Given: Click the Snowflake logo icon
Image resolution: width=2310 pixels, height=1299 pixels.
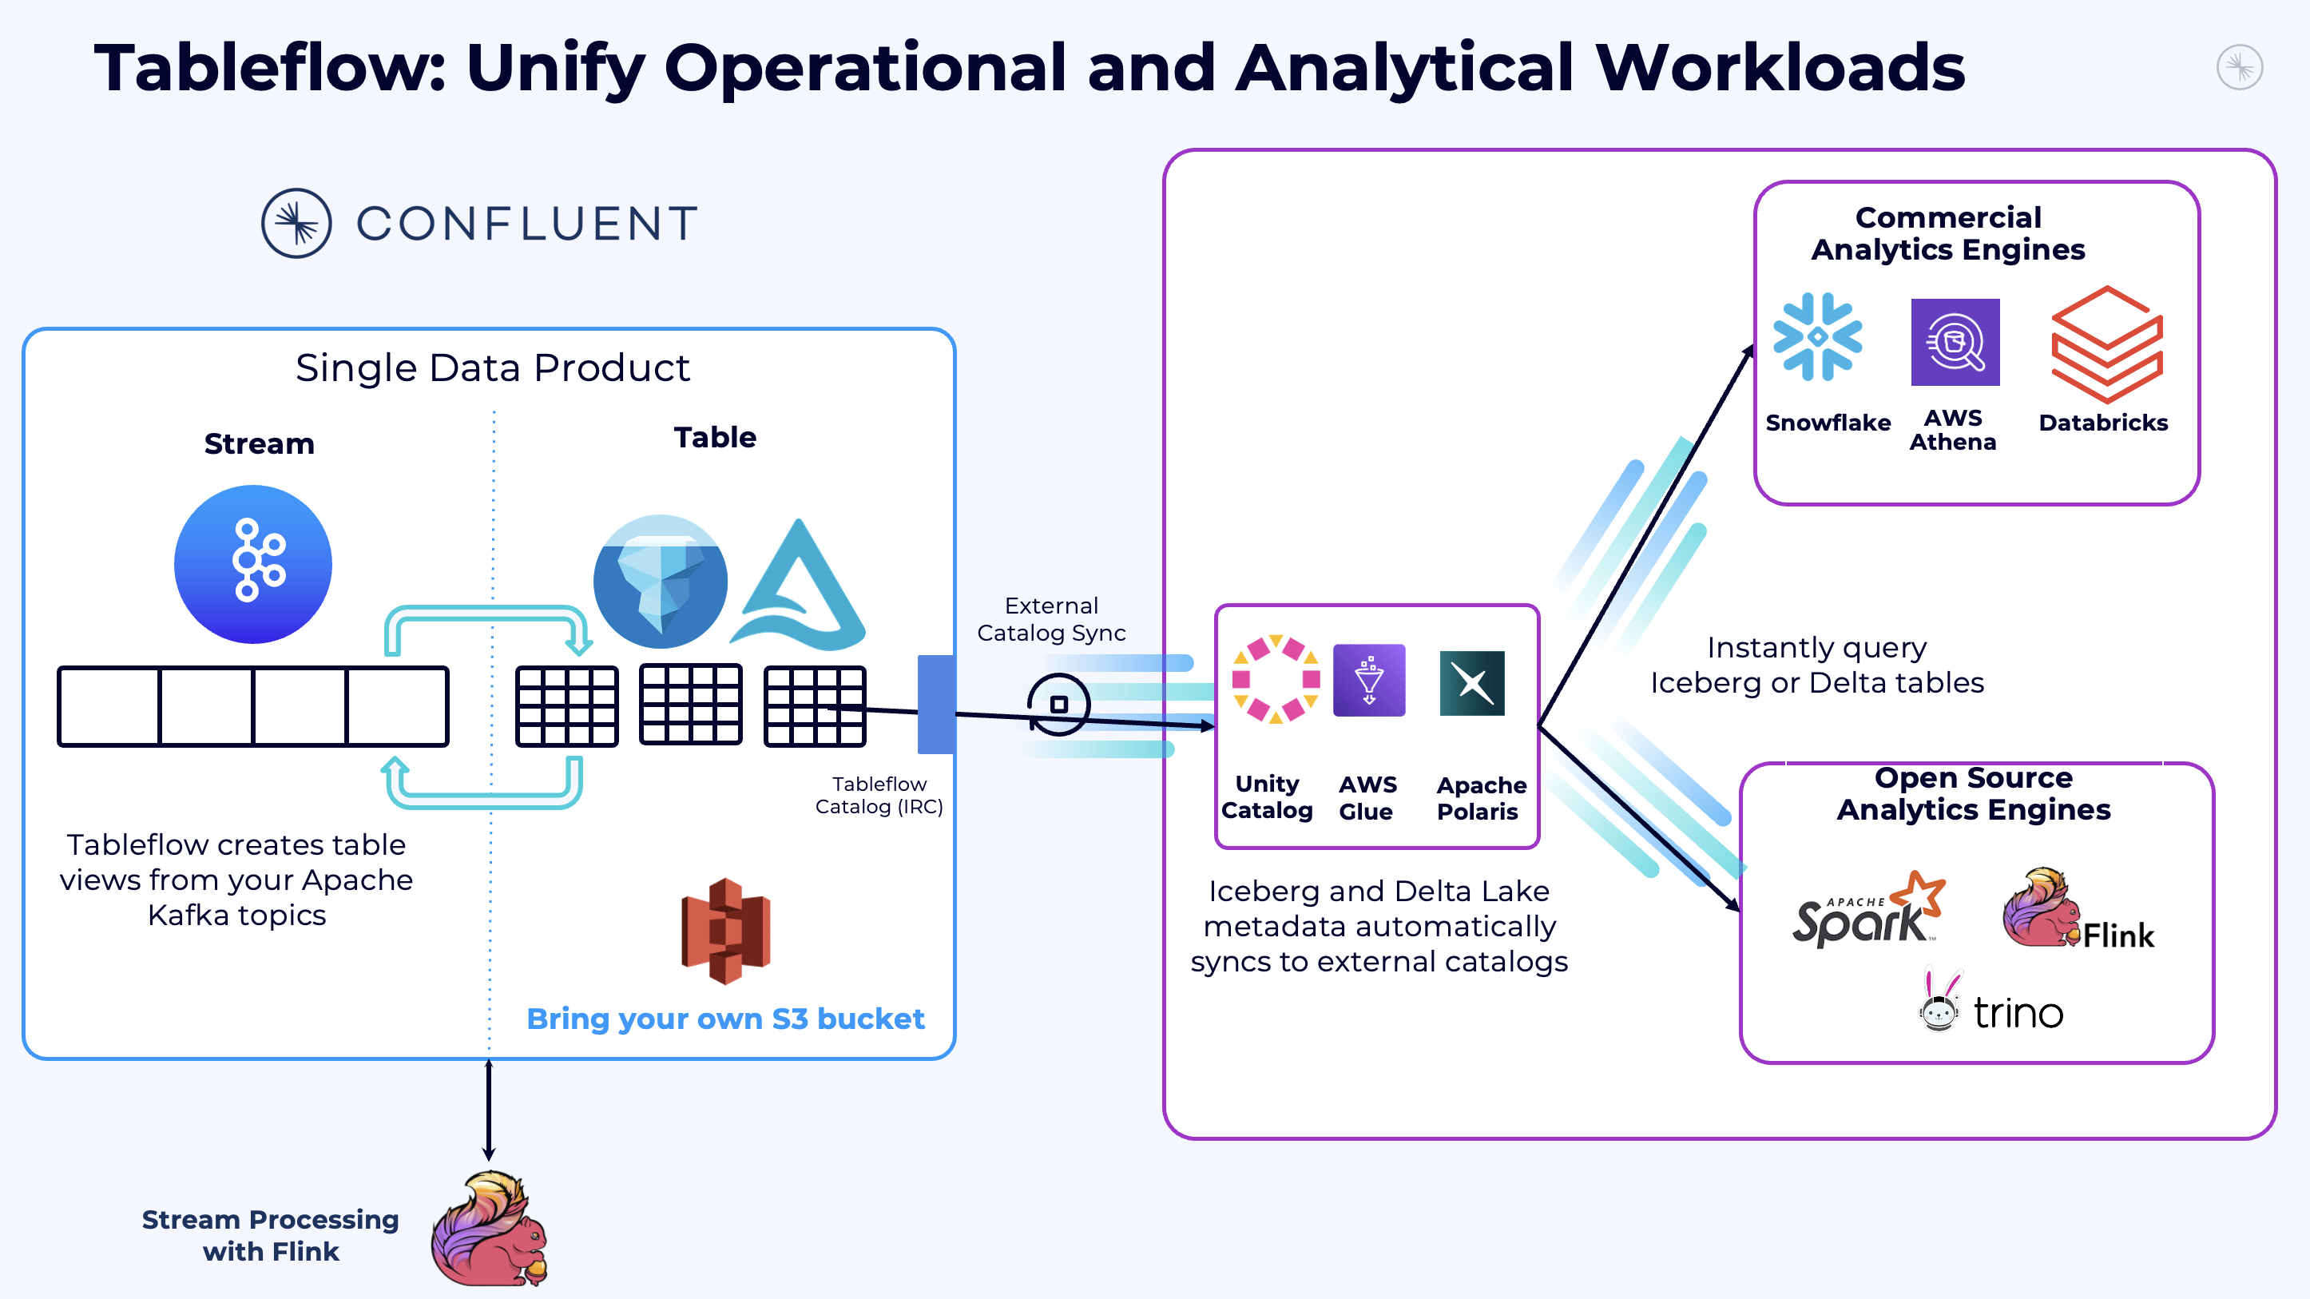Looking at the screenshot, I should point(1817,337).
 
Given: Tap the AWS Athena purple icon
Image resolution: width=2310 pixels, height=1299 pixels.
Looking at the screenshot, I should point(1955,343).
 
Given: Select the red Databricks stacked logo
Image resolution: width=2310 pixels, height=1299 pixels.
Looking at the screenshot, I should point(2106,344).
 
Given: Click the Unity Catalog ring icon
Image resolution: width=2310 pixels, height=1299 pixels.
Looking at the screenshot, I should point(1275,679).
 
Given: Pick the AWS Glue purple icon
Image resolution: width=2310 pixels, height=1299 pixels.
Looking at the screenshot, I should point(1368,680).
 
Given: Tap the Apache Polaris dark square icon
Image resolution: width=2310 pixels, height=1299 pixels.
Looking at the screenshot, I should point(1471,683).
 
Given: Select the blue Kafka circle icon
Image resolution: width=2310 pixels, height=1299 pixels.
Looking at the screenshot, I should point(253,564).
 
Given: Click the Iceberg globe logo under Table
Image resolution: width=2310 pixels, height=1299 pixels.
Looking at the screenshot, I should point(661,582).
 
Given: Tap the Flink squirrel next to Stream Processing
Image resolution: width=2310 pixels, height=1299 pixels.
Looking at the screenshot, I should point(490,1229).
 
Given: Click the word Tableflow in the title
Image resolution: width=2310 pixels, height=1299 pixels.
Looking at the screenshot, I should point(269,67).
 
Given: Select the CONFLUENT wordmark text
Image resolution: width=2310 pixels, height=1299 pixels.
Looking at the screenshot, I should point(527,224).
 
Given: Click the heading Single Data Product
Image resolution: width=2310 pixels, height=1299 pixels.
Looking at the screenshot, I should point(492,367).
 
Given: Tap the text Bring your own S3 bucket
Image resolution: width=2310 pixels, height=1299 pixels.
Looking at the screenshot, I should point(724,1019).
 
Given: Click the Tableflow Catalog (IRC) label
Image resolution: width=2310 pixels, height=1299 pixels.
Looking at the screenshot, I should point(879,795).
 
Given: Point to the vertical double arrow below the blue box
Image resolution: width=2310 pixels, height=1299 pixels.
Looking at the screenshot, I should point(489,1110).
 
